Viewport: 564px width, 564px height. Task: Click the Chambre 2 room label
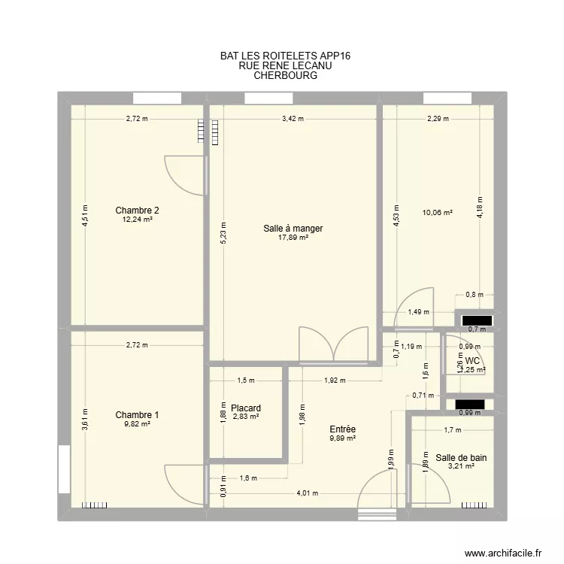pos(137,211)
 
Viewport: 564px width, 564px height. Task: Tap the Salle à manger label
pos(293,229)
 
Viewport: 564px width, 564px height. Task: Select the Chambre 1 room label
pos(137,415)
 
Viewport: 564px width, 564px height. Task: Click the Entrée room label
pos(342,429)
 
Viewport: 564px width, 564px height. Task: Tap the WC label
pos(472,361)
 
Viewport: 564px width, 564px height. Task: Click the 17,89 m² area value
pos(293,238)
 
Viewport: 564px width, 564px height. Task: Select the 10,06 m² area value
pos(437,213)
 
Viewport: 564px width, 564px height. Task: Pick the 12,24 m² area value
pos(137,220)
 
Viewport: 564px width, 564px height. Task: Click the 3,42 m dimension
pos(293,118)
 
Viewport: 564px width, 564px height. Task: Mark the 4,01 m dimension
pos(307,494)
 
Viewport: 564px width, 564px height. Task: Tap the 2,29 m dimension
pos(438,118)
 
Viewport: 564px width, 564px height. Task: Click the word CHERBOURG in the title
pos(286,75)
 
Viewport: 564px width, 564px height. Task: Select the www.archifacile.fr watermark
pos(503,551)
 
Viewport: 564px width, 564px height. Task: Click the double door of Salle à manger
pos(333,345)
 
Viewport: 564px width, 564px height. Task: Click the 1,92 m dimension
pos(334,381)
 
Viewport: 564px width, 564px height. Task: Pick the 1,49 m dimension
pos(414,313)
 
